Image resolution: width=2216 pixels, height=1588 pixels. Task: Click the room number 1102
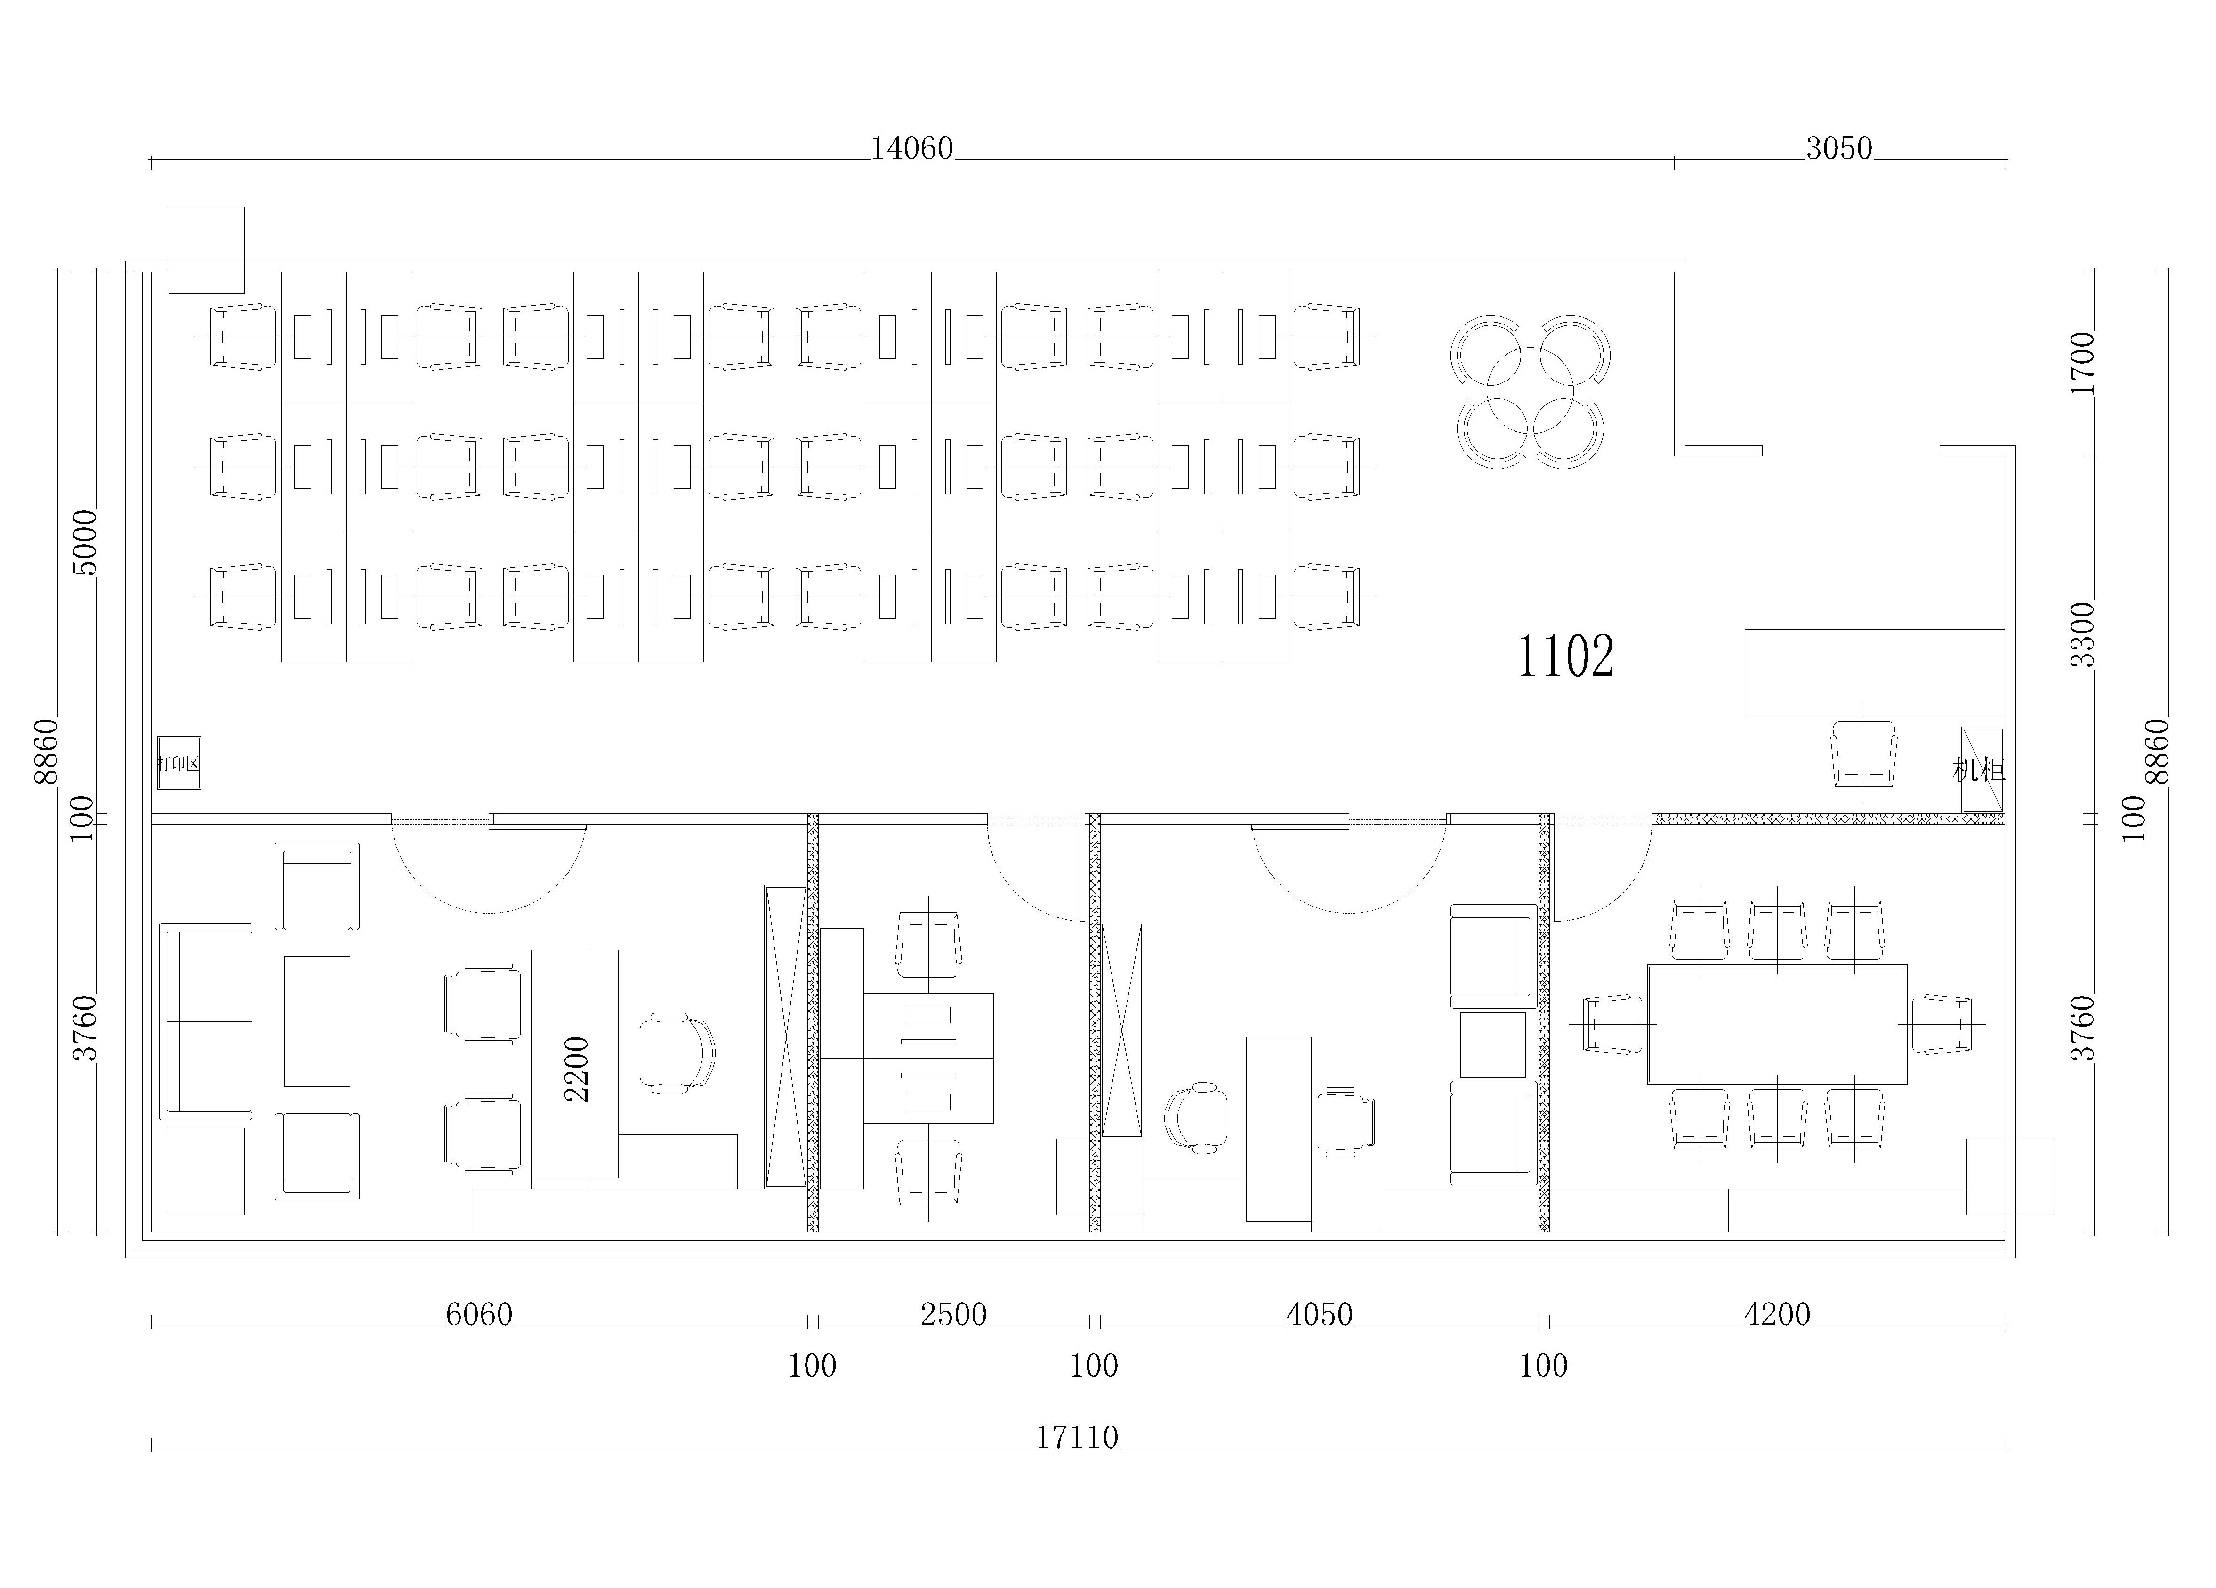tap(1565, 656)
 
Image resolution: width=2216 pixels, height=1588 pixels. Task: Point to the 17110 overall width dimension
tap(1077, 1437)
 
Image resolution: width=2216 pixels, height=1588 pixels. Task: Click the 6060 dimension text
tap(479, 1314)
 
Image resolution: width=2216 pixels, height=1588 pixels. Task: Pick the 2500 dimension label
tap(954, 1314)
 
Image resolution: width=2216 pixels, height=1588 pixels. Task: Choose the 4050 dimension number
tap(1319, 1314)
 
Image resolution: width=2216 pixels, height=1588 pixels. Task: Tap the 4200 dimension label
tap(1777, 1314)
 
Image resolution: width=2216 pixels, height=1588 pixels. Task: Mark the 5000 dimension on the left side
tap(86, 543)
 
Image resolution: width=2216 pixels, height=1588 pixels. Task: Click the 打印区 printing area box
tap(179, 763)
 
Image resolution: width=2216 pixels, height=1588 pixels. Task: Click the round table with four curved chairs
tap(1530, 391)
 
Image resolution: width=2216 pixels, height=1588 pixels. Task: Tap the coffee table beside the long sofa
tap(316, 1021)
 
